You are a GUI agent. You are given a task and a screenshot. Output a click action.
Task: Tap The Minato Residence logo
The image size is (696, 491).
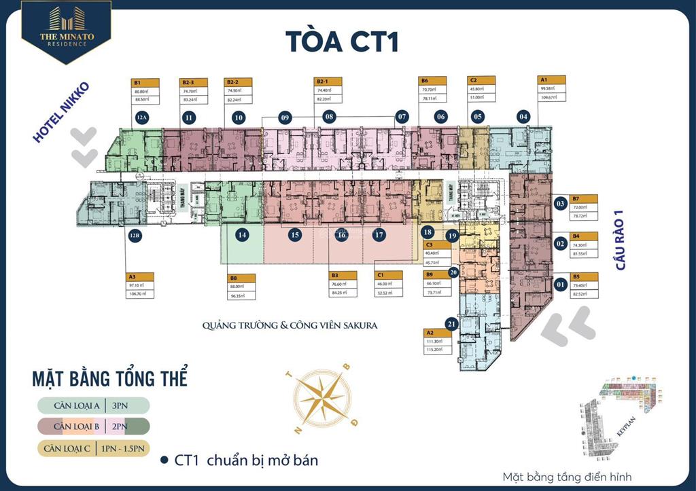(57, 31)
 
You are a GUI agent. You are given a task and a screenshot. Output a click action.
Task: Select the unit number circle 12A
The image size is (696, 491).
(141, 117)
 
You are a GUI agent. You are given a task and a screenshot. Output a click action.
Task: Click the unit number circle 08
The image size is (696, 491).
(330, 117)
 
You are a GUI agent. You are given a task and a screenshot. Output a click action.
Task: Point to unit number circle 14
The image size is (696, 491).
(241, 235)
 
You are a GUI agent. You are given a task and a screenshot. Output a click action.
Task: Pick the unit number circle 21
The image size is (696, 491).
(450, 323)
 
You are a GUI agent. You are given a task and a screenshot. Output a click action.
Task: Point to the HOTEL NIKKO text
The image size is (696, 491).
(61, 112)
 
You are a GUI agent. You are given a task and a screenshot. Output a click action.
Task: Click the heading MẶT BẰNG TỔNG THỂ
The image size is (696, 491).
(110, 378)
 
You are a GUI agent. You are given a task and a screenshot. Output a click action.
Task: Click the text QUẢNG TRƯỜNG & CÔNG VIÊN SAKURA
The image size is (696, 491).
(290, 325)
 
